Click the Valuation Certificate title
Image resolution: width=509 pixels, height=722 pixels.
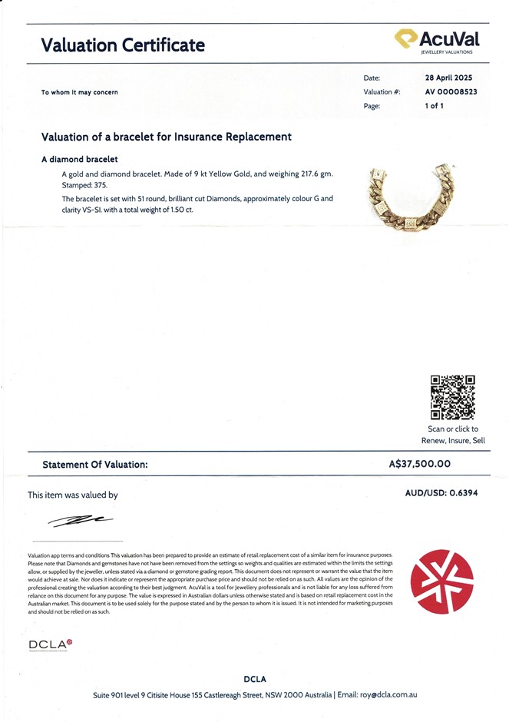[123, 45]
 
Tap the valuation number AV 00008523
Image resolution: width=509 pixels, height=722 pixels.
[451, 91]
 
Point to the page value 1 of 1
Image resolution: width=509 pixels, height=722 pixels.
[434, 106]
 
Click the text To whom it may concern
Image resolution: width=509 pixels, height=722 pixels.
[80, 92]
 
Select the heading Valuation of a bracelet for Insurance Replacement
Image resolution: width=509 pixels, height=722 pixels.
[167, 137]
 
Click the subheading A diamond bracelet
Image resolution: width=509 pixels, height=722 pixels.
[80, 160]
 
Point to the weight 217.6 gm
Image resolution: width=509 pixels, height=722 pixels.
[312, 174]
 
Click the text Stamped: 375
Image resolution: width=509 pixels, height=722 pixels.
[85, 185]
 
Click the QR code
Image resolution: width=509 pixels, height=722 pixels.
[452, 397]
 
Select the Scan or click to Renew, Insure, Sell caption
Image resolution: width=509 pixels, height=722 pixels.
[453, 435]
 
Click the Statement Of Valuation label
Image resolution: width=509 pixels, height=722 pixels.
[95, 465]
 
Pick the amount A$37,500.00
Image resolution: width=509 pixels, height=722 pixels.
[420, 464]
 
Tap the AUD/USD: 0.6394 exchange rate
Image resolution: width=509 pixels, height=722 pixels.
[441, 493]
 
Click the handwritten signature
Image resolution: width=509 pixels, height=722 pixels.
[81, 522]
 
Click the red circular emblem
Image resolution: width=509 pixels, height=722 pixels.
[442, 581]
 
